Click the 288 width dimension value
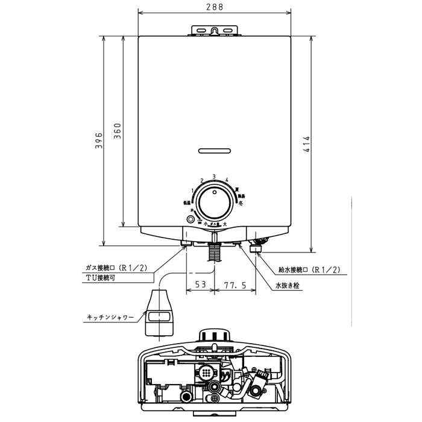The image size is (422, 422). coord(214,7)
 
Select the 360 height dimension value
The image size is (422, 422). coord(118,131)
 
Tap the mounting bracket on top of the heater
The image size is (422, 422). coord(214,30)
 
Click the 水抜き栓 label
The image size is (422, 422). coord(288,286)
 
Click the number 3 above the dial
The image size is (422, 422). coord(214,176)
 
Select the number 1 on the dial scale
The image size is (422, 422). coord(192,190)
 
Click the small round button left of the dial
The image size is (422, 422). coord(191,220)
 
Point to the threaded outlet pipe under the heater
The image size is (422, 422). coord(213,251)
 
